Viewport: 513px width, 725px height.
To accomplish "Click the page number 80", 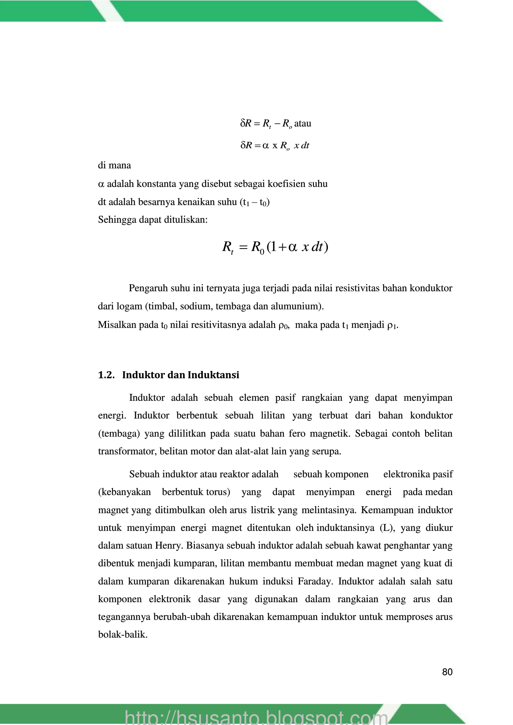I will point(447,672).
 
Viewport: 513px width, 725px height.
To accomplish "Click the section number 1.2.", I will point(106,375).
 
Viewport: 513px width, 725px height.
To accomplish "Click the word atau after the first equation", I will point(302,123).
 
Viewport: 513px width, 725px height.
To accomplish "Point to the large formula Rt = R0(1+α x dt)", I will point(275,247).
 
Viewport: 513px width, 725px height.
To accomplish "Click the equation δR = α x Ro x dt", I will point(275,145).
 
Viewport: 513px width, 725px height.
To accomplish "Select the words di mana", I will point(114,165).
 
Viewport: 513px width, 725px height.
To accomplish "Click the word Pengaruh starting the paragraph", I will point(148,288).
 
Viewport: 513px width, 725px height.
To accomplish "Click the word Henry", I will point(169,545).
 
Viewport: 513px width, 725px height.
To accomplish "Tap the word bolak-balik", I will point(123,635).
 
